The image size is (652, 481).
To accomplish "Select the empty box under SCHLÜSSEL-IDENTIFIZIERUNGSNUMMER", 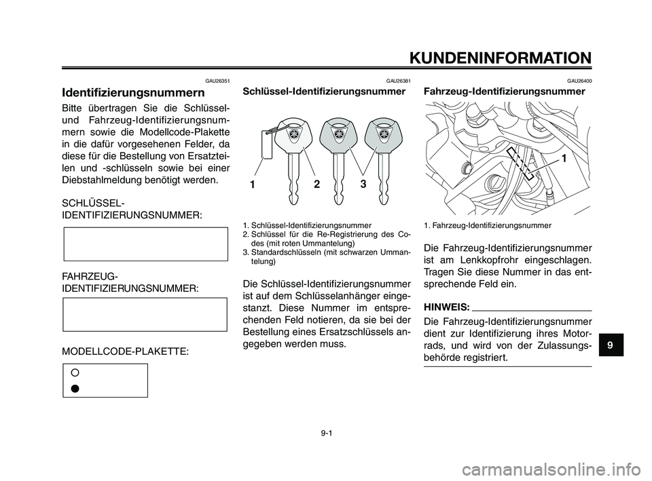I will coord(145,244).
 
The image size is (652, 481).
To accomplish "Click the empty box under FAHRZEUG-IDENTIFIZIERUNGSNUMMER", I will coord(145,315).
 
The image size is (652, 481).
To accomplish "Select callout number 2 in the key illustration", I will coord(316,182).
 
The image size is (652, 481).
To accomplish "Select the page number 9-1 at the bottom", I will coord(326,431).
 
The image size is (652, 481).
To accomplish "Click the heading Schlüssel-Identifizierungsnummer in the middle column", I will coord(324,92).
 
